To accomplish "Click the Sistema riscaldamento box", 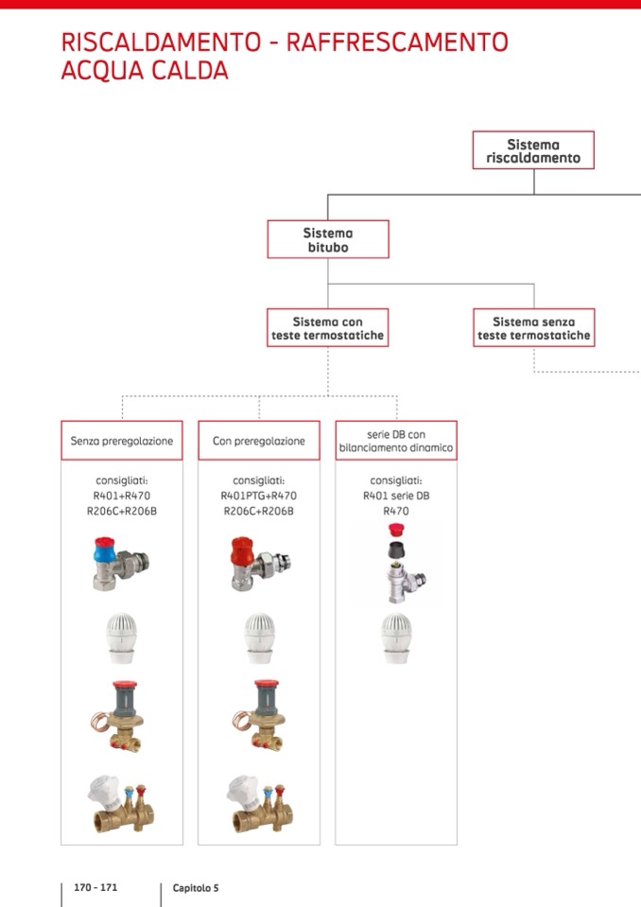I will pyautogui.click(x=533, y=150).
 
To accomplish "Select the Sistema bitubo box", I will pyautogui.click(x=328, y=239).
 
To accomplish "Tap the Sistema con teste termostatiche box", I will pyautogui.click(x=328, y=328).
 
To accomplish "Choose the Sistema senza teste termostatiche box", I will pyautogui.click(x=534, y=328).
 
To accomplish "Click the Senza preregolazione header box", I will pyautogui.click(x=122, y=441).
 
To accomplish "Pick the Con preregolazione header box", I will pyautogui.click(x=259, y=441).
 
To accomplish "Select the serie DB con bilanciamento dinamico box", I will pyautogui.click(x=396, y=441).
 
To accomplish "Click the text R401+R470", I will pyautogui.click(x=122, y=495).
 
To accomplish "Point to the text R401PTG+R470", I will pyautogui.click(x=259, y=495).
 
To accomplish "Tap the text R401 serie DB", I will pyautogui.click(x=396, y=495).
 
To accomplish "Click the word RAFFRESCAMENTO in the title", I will pyautogui.click(x=397, y=42).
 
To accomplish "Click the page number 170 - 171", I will pyautogui.click(x=96, y=887).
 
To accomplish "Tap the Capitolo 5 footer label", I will pyautogui.click(x=196, y=888).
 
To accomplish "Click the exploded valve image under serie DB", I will pyautogui.click(x=396, y=565).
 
